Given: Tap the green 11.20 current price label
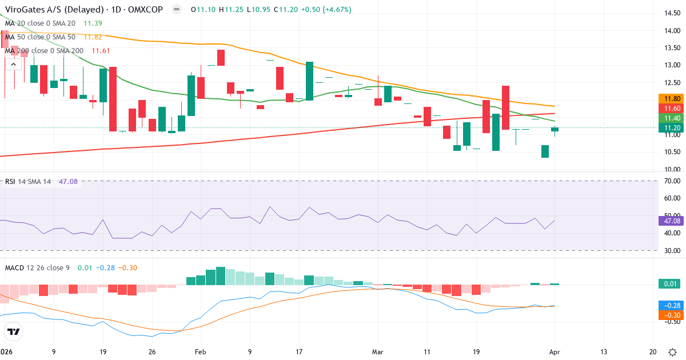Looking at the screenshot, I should tap(669, 128).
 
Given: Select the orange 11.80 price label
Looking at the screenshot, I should tap(669, 98).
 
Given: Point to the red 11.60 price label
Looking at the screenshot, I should tap(669, 108).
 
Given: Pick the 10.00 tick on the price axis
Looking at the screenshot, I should tap(668, 170).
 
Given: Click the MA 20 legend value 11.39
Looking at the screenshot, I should tap(93, 23).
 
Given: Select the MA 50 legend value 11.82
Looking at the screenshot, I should tap(93, 37).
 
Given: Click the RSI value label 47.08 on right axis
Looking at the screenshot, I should tap(669, 221).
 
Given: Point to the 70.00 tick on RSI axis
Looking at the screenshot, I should tap(668, 181).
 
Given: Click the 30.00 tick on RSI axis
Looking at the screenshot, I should tap(668, 251).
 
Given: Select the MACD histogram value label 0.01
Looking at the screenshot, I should tap(669, 284).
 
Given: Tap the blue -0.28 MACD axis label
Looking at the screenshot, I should tap(669, 306).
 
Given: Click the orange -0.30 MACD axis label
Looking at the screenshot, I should tap(669, 315).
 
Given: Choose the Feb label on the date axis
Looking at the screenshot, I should tap(200, 353).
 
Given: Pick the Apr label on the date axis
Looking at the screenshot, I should tap(554, 353).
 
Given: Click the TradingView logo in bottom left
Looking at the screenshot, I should tap(14, 331).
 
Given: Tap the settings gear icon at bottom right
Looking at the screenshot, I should tap(673, 352).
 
